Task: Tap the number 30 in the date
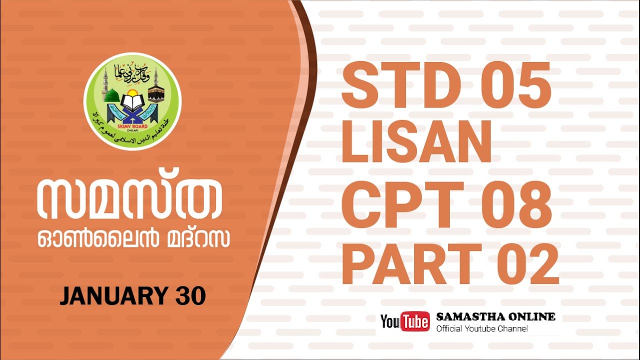coord(190,296)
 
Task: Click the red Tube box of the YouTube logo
coord(414,321)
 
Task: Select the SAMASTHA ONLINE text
coord(495,317)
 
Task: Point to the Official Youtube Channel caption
coord(482,328)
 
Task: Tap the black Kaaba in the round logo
coord(156,94)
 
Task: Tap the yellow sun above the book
coord(132,93)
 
